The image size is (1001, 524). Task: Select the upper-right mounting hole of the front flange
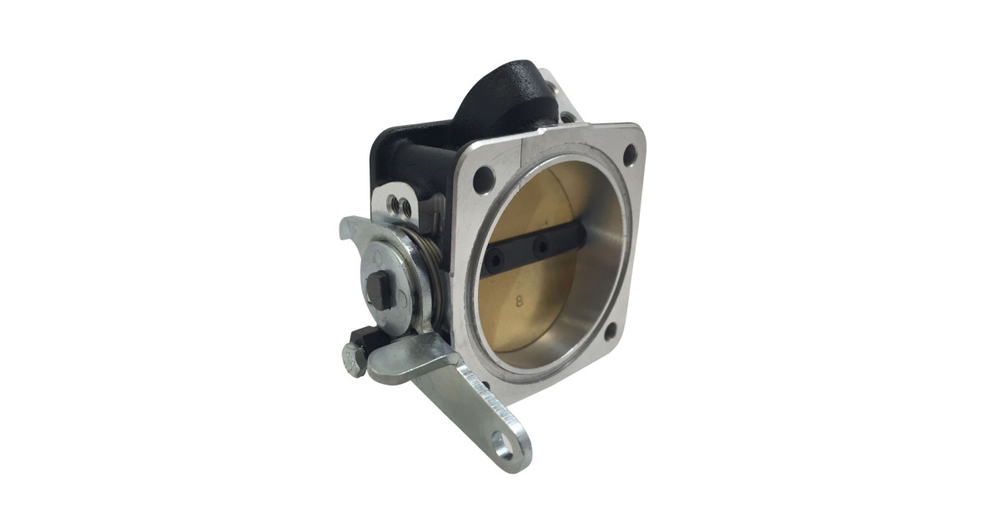click(630, 154)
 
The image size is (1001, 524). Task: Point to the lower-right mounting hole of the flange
click(610, 331)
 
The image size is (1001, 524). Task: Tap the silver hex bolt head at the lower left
click(353, 360)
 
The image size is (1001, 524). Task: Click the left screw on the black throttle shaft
click(497, 260)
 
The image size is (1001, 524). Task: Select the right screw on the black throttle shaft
click(542, 246)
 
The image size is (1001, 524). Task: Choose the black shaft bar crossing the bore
click(526, 250)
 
